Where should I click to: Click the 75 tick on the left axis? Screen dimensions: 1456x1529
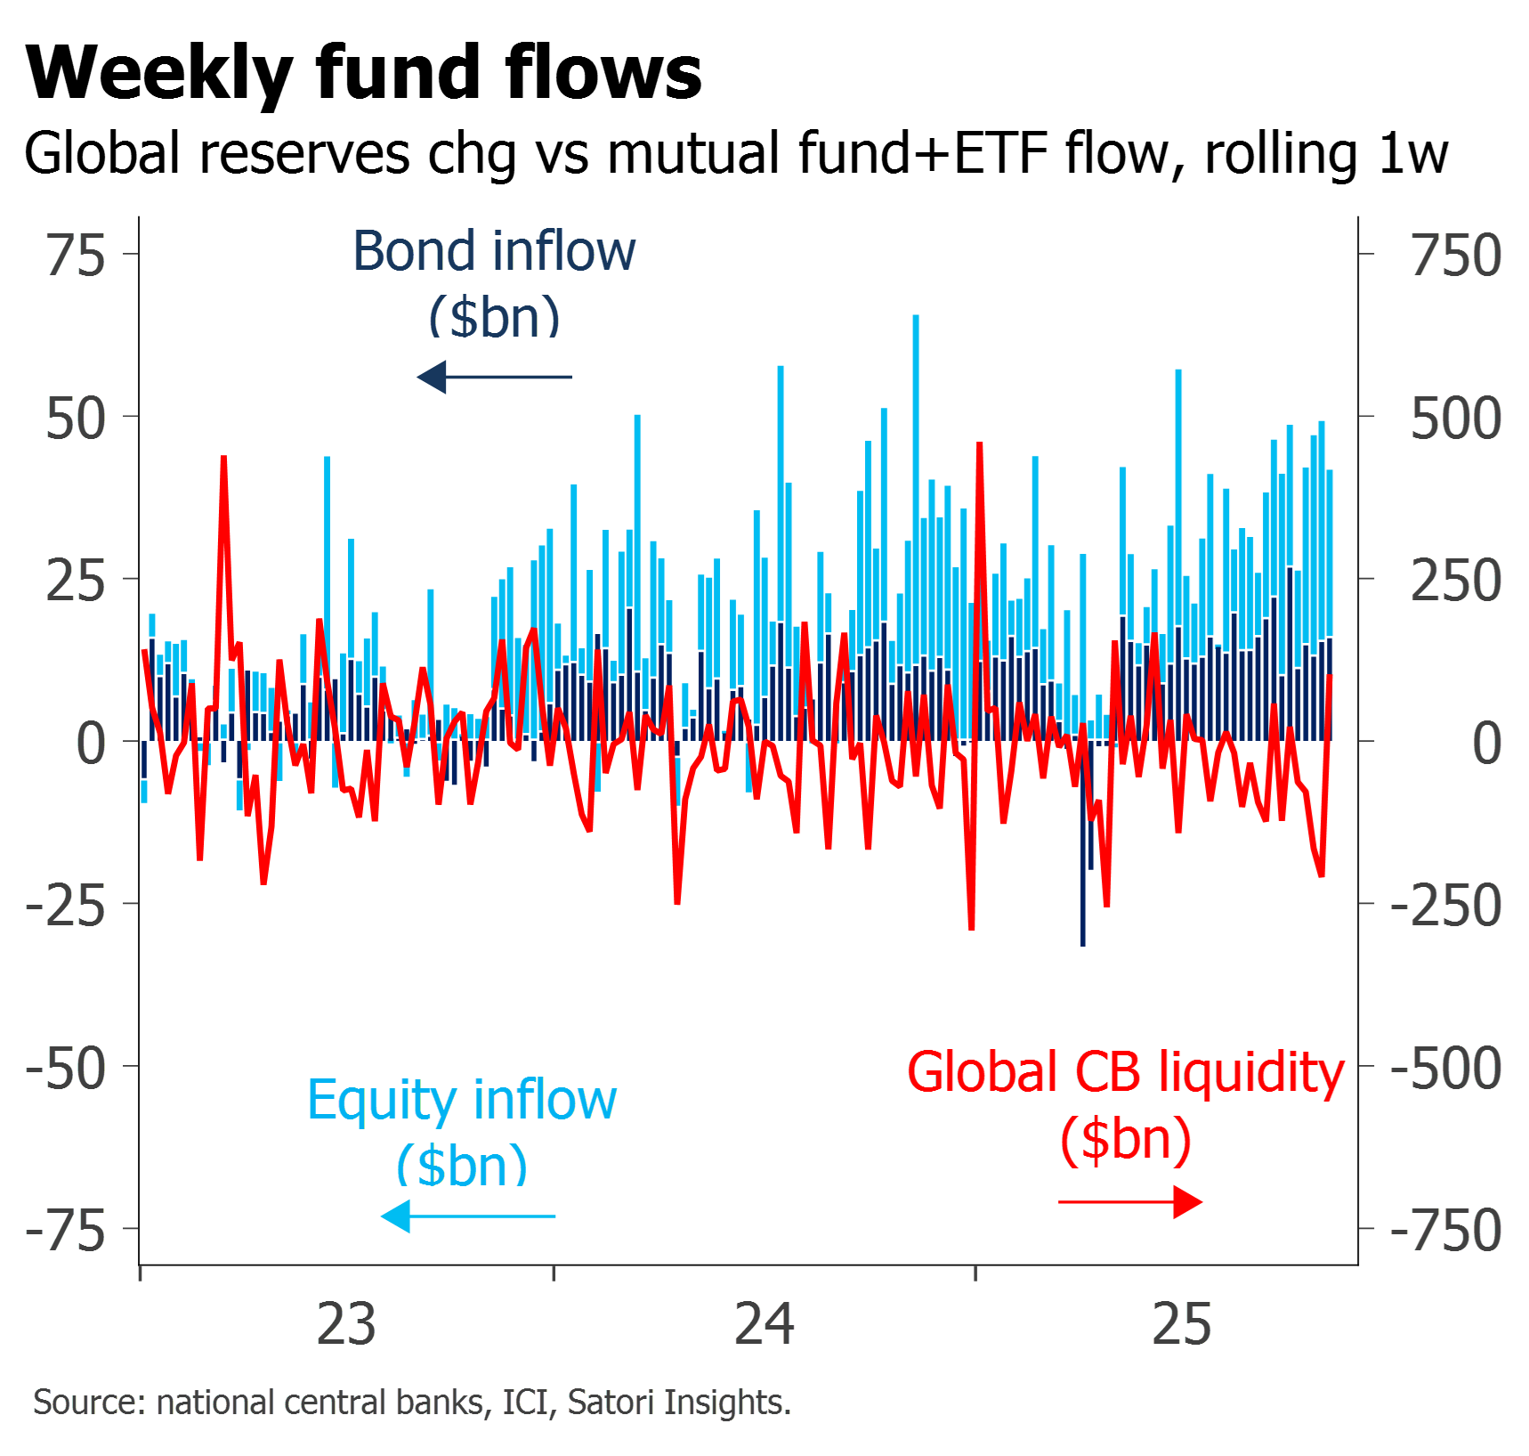[77, 256]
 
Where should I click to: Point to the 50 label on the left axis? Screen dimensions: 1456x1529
[77, 419]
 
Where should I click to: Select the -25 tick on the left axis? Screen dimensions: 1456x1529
[66, 907]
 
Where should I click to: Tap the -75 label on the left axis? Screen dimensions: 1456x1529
[66, 1232]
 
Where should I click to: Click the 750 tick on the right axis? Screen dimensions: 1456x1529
[1456, 256]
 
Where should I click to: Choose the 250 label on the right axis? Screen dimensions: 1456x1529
[1456, 582]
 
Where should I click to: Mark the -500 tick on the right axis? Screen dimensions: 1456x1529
[1445, 1069]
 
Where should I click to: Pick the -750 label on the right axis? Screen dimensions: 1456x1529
[1445, 1232]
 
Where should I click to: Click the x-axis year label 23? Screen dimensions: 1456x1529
[346, 1325]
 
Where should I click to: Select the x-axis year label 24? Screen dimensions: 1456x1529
[764, 1325]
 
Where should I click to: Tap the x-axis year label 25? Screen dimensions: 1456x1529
[1182, 1325]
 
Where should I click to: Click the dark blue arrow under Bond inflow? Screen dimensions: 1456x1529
[494, 377]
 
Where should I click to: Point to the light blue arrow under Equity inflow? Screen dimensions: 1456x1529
[468, 1216]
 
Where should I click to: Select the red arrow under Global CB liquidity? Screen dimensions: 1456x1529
[1131, 1202]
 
